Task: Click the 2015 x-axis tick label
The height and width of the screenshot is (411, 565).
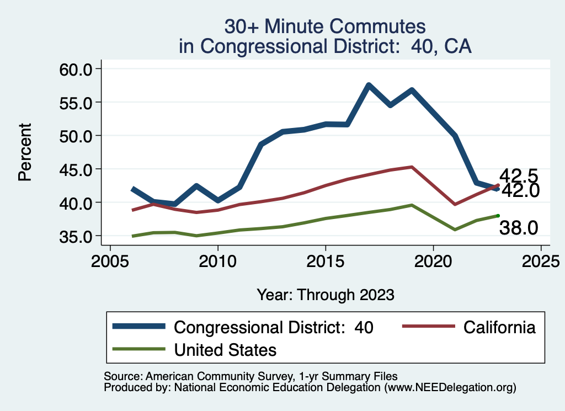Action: pos(326,260)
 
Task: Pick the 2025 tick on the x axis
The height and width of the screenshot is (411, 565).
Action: pos(541,260)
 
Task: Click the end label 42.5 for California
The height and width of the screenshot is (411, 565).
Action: pos(519,176)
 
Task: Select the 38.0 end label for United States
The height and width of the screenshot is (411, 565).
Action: pos(519,227)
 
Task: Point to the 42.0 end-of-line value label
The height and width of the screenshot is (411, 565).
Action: pos(519,190)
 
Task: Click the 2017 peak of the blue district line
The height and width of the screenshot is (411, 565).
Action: pos(369,86)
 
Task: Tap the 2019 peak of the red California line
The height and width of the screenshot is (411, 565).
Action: pos(412,167)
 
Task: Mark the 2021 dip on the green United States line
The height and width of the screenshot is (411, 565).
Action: pos(455,229)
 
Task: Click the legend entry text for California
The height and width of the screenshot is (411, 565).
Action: pos(499,327)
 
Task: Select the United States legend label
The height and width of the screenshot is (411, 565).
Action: pos(225,349)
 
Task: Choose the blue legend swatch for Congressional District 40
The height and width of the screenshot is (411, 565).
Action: pos(138,327)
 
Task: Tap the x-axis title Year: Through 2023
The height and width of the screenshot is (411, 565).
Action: pos(326,295)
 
